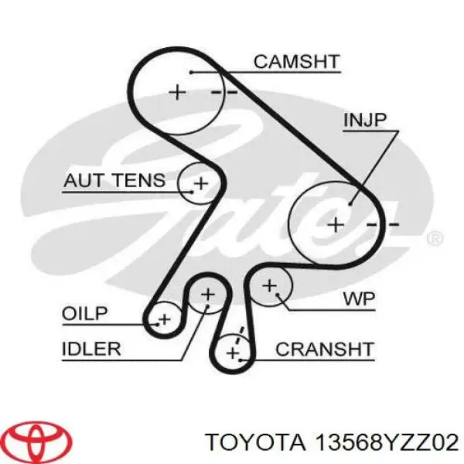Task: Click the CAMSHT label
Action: (x=296, y=61)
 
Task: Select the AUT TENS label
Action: (x=114, y=181)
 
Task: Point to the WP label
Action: (x=357, y=298)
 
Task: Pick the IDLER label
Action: (x=91, y=348)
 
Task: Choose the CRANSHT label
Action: (x=324, y=349)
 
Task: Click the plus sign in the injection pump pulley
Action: (x=336, y=225)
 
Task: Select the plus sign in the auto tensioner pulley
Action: (x=200, y=183)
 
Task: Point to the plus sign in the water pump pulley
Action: (x=269, y=286)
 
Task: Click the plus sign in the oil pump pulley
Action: (x=163, y=319)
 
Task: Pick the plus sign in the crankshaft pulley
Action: (x=233, y=353)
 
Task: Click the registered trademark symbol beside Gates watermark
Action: (x=435, y=238)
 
